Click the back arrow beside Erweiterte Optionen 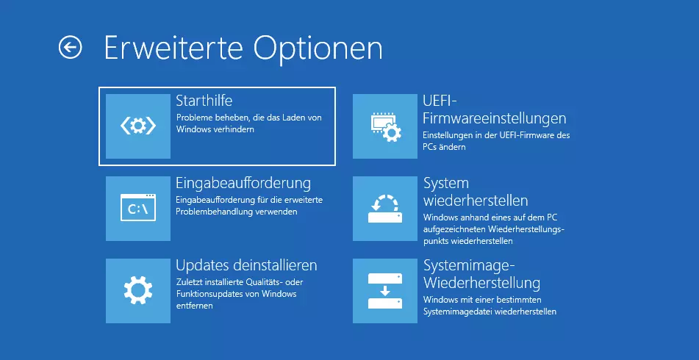[x=70, y=48]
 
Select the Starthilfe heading [x=204, y=101]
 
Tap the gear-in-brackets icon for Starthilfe [x=138, y=126]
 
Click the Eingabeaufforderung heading [x=243, y=182]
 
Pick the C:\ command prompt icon [x=138, y=209]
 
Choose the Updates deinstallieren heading [x=246, y=264]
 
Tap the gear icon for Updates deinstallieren [x=138, y=291]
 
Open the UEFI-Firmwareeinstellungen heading [x=494, y=109]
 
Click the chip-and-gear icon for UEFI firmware [x=385, y=126]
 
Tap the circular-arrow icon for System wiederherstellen [x=385, y=209]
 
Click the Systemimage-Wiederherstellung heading [x=481, y=273]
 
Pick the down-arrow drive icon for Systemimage [x=385, y=291]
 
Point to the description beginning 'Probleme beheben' [x=248, y=123]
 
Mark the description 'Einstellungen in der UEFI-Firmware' [x=496, y=141]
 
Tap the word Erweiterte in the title [x=173, y=48]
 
